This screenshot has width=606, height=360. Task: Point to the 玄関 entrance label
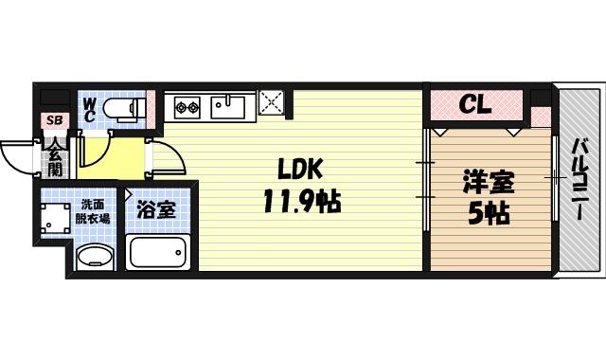tap(54, 160)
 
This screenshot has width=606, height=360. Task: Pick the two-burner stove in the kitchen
tap(182, 104)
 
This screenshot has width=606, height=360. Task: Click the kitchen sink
tap(228, 104)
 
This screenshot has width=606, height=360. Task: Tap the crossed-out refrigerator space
tap(274, 103)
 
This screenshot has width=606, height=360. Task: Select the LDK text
tap(300, 170)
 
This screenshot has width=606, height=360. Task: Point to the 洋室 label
tap(489, 179)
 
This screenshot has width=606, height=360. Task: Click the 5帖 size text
tap(489, 214)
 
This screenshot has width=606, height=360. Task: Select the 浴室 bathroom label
tap(157, 208)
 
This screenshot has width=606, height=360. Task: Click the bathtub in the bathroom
tap(159, 252)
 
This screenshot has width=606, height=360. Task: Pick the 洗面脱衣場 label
tap(92, 210)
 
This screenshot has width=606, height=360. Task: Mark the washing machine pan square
tap(55, 216)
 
